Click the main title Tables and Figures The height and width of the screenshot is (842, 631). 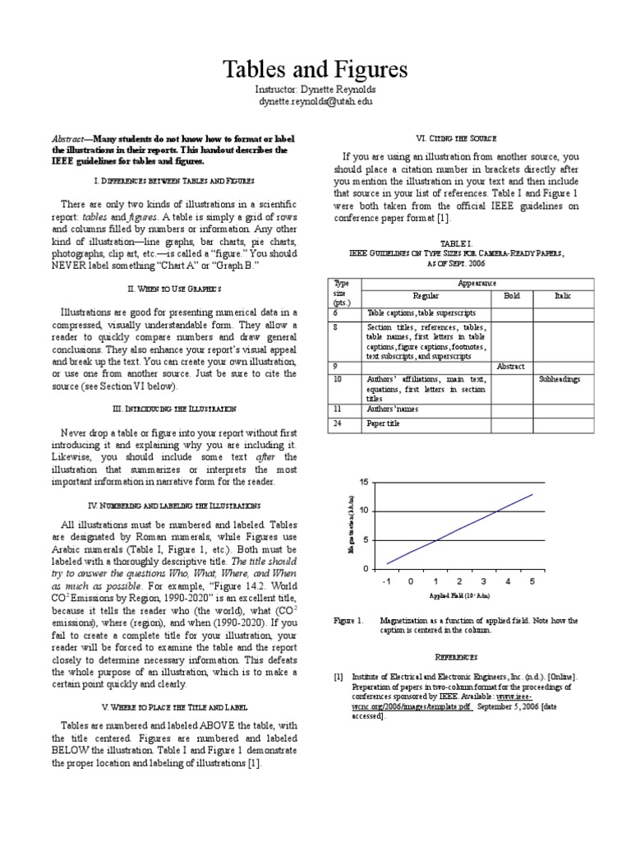(x=315, y=68)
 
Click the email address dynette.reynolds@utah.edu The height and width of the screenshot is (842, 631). (x=315, y=100)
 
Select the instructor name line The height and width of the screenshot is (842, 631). (x=315, y=89)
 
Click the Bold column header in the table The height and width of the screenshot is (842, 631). (x=505, y=295)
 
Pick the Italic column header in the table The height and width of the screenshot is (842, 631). (x=563, y=295)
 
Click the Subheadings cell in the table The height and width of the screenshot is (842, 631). (x=560, y=379)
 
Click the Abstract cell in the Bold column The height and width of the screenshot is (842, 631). (x=510, y=366)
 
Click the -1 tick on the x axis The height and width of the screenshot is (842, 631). (x=386, y=581)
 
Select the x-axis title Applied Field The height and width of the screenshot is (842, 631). (x=459, y=595)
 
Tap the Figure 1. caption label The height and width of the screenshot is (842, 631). (x=348, y=621)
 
